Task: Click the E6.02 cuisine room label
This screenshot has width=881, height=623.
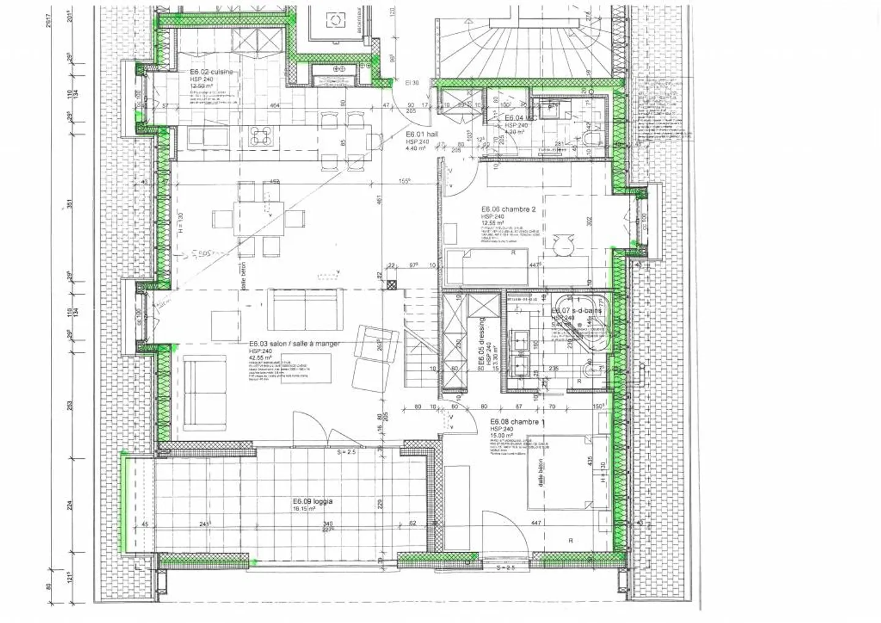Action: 211,72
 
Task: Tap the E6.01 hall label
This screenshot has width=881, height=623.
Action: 422,135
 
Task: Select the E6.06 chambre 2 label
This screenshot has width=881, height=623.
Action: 508,209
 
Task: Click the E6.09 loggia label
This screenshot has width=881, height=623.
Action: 313,501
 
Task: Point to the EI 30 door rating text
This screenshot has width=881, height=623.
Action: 412,83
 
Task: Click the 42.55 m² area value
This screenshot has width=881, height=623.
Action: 260,358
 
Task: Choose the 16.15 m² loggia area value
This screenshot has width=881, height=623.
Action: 304,509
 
